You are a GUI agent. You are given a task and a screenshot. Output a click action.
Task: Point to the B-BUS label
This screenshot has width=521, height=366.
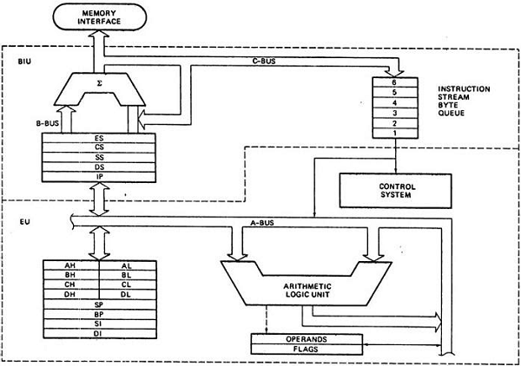pyautogui.click(x=48, y=124)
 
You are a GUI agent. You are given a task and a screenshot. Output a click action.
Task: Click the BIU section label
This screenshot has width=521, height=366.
pyautogui.click(x=26, y=62)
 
